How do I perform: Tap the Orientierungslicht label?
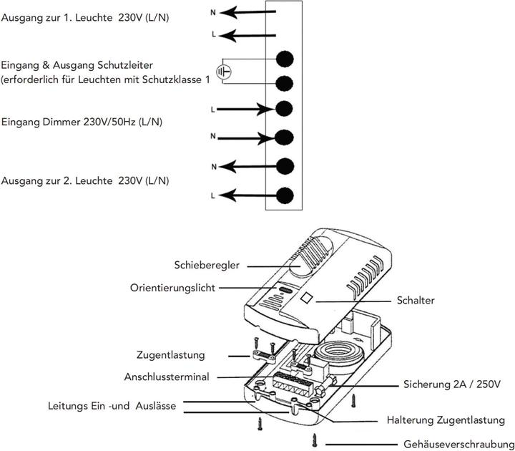pyautogui.click(x=172, y=287)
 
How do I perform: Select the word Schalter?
pyautogui.click(x=416, y=301)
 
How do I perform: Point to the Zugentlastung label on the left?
pyautogui.click(x=171, y=354)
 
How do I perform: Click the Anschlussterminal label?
pyautogui.click(x=167, y=377)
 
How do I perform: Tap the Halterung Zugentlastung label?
pyautogui.click(x=446, y=420)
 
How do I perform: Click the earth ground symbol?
pyautogui.click(x=225, y=72)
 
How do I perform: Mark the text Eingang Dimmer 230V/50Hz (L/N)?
pyautogui.click(x=82, y=122)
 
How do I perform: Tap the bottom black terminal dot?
pyautogui.click(x=285, y=194)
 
